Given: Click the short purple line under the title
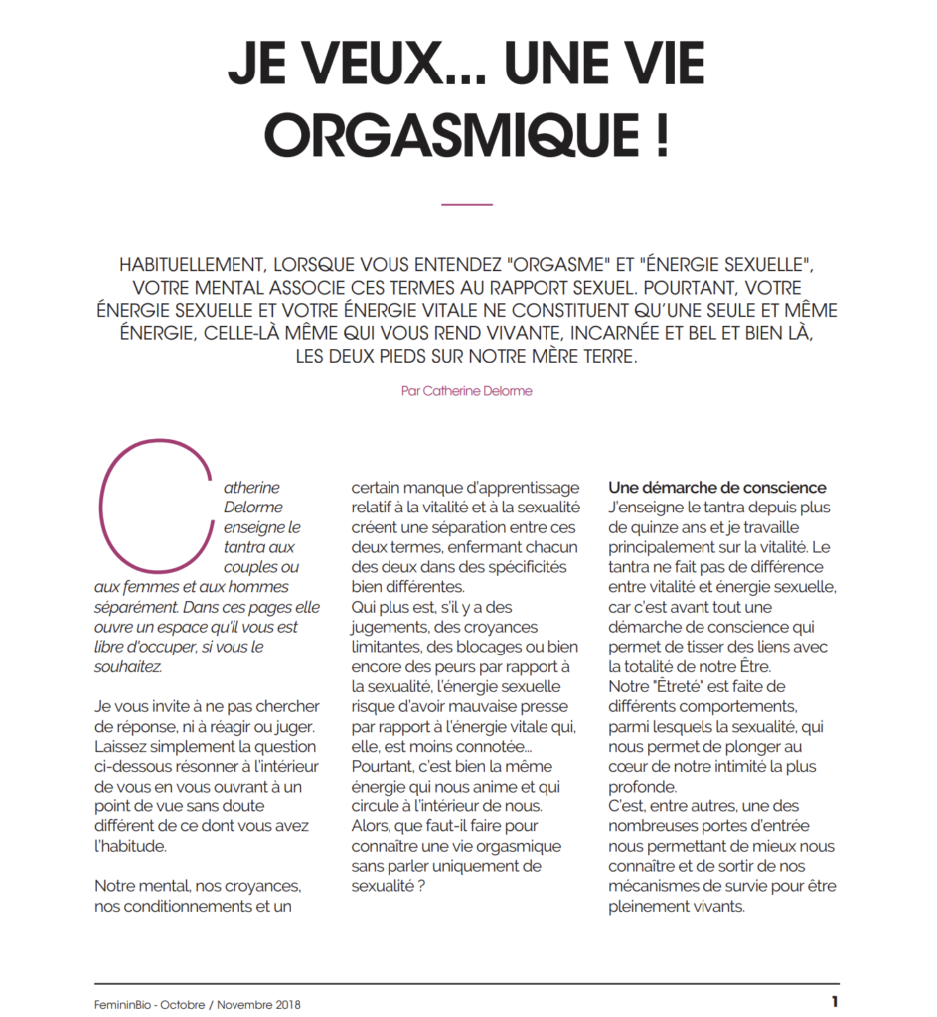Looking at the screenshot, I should pyautogui.click(x=466, y=204).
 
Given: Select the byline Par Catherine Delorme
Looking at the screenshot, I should pyautogui.click(x=467, y=391).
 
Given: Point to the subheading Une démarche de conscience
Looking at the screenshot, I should pyautogui.click(x=716, y=488).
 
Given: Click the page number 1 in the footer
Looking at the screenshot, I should pyautogui.click(x=836, y=1001).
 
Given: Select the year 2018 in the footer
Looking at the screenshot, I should pyautogui.click(x=285, y=1004).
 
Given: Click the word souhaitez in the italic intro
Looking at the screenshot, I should pyautogui.click(x=127, y=666).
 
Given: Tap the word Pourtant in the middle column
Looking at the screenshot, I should pyautogui.click(x=383, y=766).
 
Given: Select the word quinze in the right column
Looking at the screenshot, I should pyautogui.click(x=650, y=527).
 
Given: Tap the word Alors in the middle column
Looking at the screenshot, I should pyautogui.click(x=374, y=825).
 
